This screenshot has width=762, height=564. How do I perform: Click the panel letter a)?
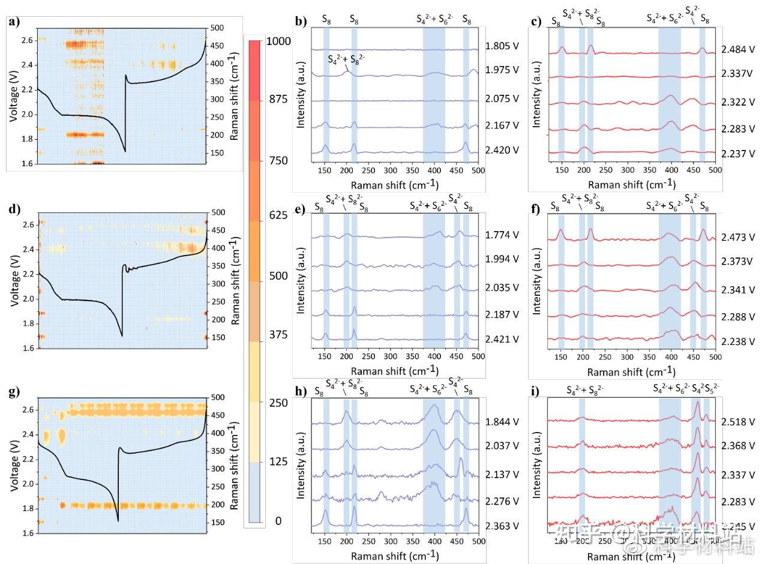(x=13, y=23)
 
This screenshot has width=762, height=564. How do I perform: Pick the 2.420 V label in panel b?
(x=502, y=149)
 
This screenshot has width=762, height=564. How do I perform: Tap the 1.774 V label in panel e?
(x=502, y=235)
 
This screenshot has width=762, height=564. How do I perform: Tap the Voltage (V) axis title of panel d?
(x=14, y=280)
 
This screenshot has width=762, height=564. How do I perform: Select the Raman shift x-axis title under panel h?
(x=394, y=556)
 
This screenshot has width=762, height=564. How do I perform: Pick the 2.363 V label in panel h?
(x=502, y=526)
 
